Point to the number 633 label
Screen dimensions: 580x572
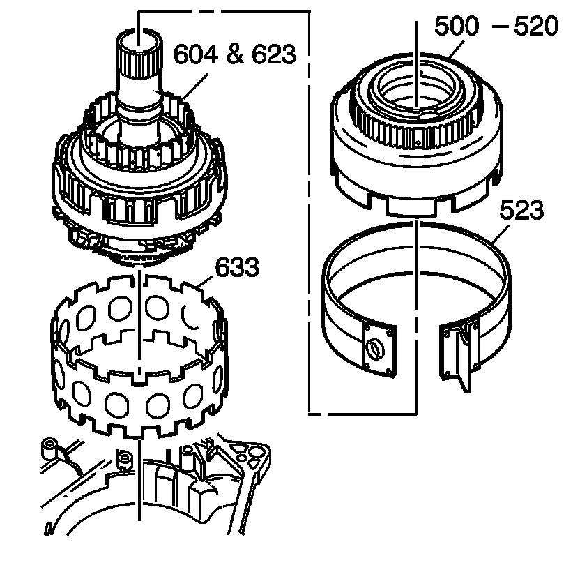click(237, 266)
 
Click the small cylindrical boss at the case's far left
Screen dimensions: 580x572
click(49, 447)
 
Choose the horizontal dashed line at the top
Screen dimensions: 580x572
click(223, 10)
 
